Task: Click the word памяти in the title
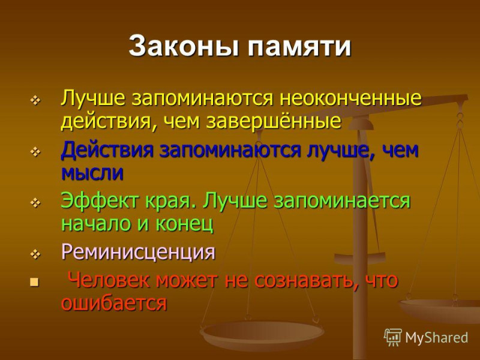coord(299,47)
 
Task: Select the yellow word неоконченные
coord(351,98)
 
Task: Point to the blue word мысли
coord(92,173)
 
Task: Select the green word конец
coord(184,224)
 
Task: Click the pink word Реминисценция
coord(139,252)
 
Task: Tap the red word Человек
coord(110,280)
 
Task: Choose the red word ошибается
coord(114,303)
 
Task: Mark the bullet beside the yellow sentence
coord(36,100)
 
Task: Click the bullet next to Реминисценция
coord(36,254)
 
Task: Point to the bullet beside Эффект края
coord(36,203)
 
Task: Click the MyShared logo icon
coord(393,337)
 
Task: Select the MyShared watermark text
coord(437,338)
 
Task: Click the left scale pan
coord(262,334)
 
